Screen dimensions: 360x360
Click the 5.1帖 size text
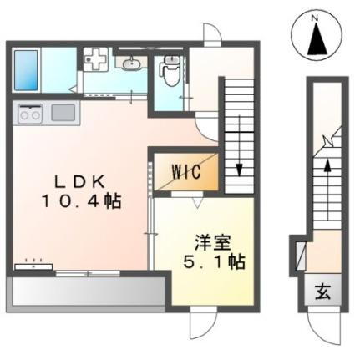(x=215, y=261)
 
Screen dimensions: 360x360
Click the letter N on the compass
(x=315, y=17)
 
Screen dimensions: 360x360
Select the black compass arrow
(x=315, y=38)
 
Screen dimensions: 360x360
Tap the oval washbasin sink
(x=130, y=63)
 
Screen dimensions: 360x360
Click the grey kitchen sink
(x=63, y=113)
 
